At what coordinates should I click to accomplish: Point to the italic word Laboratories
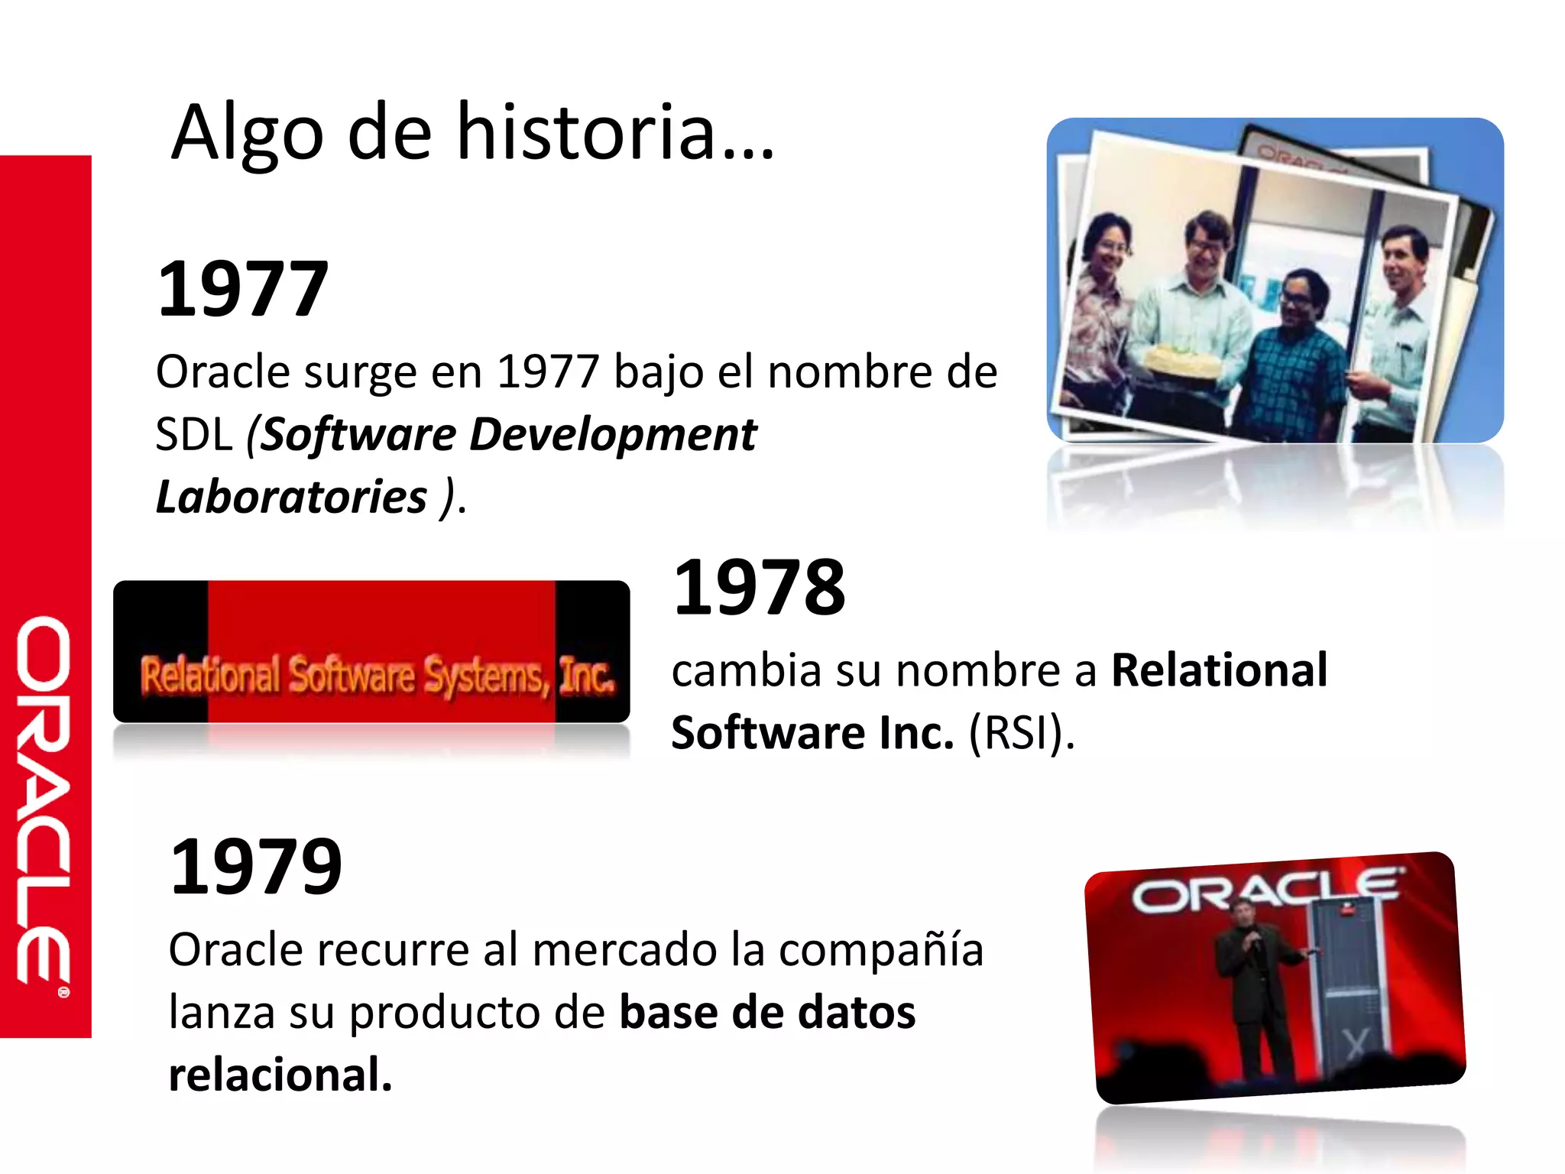click(291, 497)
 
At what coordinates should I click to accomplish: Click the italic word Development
click(612, 435)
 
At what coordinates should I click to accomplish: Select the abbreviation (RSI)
click(1022, 732)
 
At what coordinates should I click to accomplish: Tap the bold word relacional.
click(280, 1075)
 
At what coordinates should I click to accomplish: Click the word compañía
click(880, 950)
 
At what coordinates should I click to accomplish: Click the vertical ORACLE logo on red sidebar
click(44, 803)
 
